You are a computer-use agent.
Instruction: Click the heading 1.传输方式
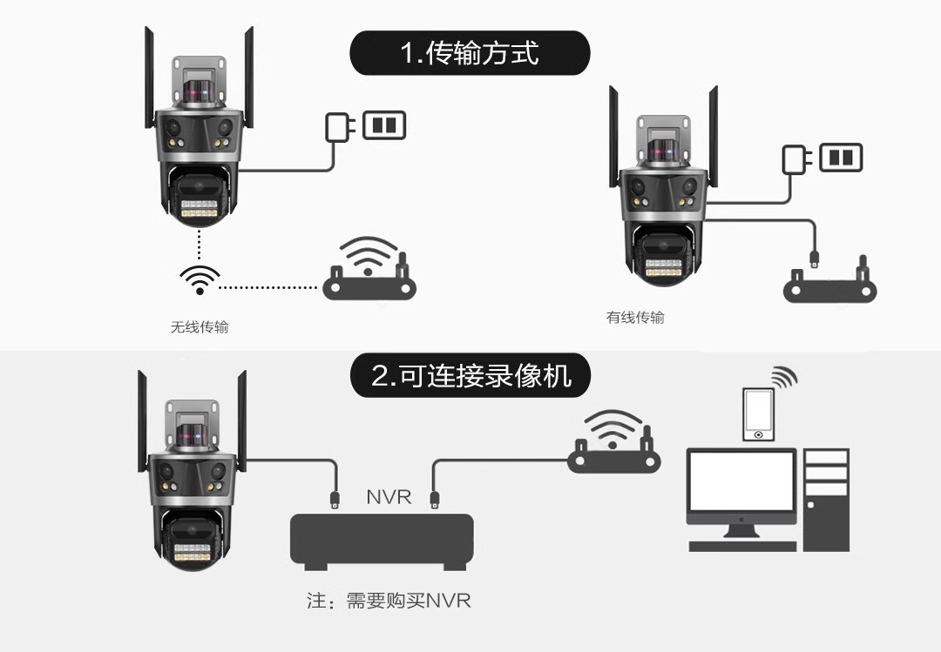pyautogui.click(x=470, y=53)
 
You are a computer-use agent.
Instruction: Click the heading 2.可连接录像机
pyautogui.click(x=470, y=375)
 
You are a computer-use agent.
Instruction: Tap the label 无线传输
pyautogui.click(x=200, y=327)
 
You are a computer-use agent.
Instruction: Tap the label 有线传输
pyautogui.click(x=635, y=318)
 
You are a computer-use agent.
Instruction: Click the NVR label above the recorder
pyautogui.click(x=389, y=497)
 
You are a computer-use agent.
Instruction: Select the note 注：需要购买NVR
pyautogui.click(x=389, y=601)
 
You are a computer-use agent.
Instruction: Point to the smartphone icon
pyautogui.click(x=758, y=414)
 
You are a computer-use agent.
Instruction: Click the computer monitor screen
pyautogui.click(x=741, y=481)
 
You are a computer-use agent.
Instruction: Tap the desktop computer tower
pyautogui.click(x=826, y=500)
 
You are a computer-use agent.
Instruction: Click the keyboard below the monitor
pyautogui.click(x=742, y=547)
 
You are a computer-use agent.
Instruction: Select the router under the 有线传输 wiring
pyautogui.click(x=830, y=283)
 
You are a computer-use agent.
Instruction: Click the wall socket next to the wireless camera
pyautogui.click(x=384, y=125)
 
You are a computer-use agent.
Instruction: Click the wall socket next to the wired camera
pyautogui.click(x=842, y=158)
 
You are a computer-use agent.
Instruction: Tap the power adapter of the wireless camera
pyautogui.click(x=340, y=127)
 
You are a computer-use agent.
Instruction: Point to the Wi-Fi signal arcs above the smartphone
pyautogui.click(x=784, y=377)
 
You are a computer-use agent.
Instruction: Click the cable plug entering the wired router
pyautogui.click(x=815, y=259)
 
